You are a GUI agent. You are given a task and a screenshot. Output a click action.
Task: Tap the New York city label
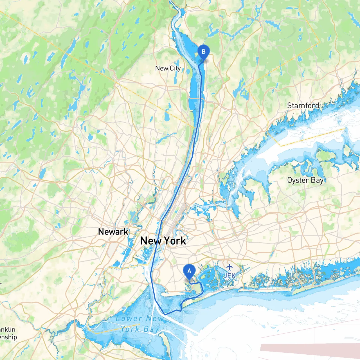[163, 241]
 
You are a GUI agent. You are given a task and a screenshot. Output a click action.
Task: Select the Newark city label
[113, 232]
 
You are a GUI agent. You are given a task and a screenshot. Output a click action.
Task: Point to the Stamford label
[303, 105]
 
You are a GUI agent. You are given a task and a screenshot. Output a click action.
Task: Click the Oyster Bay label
[305, 180]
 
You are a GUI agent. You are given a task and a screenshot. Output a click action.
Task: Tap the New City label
[168, 68]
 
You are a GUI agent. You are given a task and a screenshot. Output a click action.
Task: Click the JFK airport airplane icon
[230, 267]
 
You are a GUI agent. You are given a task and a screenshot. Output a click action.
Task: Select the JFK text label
[229, 276]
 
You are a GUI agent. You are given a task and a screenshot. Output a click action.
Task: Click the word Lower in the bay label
[129, 319]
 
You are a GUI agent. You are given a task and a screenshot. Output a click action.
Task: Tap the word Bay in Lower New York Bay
[151, 329]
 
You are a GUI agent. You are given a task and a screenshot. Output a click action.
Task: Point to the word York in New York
[175, 241]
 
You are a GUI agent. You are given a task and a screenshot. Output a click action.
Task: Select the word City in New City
[175, 68]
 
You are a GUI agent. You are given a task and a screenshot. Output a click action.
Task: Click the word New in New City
[161, 68]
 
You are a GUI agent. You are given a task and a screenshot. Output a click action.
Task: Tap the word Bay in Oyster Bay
[317, 180]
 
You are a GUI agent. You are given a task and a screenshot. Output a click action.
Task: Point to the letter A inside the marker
[189, 271]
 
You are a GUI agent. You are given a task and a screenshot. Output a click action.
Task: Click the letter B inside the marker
[204, 51]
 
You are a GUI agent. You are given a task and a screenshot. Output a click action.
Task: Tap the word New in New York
[151, 241]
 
